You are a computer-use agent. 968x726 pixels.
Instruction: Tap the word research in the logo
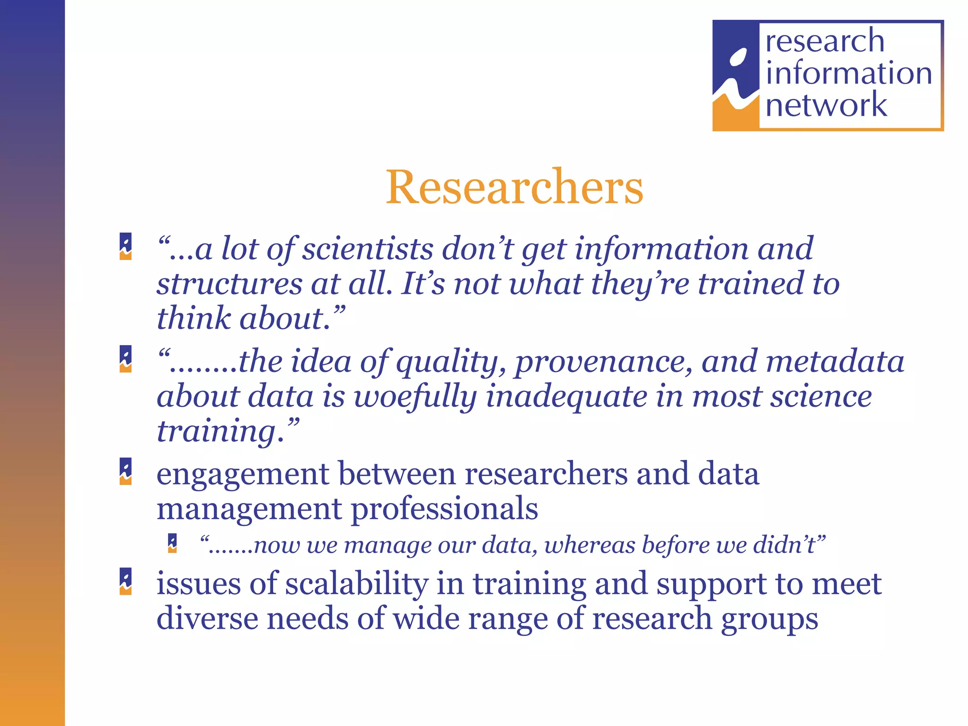pos(825,41)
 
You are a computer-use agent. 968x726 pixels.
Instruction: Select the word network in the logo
pos(826,104)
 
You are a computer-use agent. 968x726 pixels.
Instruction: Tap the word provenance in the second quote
pos(604,362)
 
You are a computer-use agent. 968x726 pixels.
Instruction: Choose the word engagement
pos(243,474)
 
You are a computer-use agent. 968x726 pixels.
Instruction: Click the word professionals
pos(445,509)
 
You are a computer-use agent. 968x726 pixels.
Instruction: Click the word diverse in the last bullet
pos(207,618)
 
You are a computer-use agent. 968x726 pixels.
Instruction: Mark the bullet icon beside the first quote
pos(126,246)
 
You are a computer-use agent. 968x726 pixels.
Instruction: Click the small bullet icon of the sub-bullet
pos(173,543)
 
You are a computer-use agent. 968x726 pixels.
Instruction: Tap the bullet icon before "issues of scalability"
pos(126,581)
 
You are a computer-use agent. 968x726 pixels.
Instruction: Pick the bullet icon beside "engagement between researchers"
pos(126,471)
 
